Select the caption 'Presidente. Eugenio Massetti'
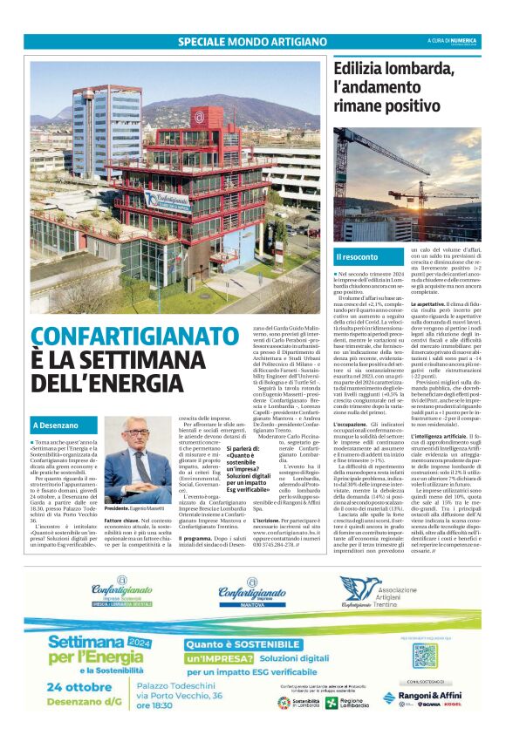click(135, 507)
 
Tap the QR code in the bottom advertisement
click(424, 654)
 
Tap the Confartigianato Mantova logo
click(252, 593)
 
